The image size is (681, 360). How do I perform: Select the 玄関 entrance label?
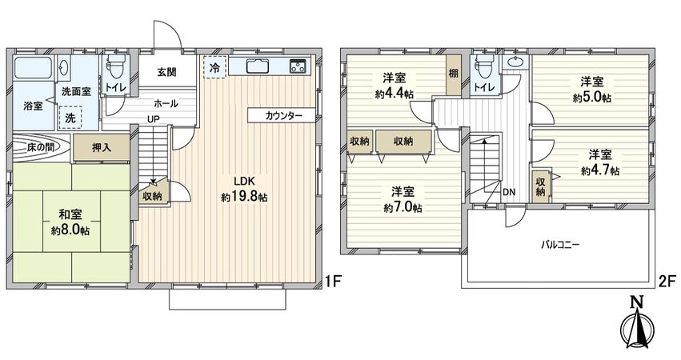[166, 72]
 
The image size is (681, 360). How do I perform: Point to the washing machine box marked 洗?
[71, 118]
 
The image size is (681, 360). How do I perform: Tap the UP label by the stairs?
[151, 121]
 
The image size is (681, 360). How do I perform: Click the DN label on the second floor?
[509, 192]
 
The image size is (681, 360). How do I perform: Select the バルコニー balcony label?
[559, 243]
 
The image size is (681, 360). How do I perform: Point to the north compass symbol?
[638, 324]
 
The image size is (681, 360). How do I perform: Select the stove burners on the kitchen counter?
[298, 66]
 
